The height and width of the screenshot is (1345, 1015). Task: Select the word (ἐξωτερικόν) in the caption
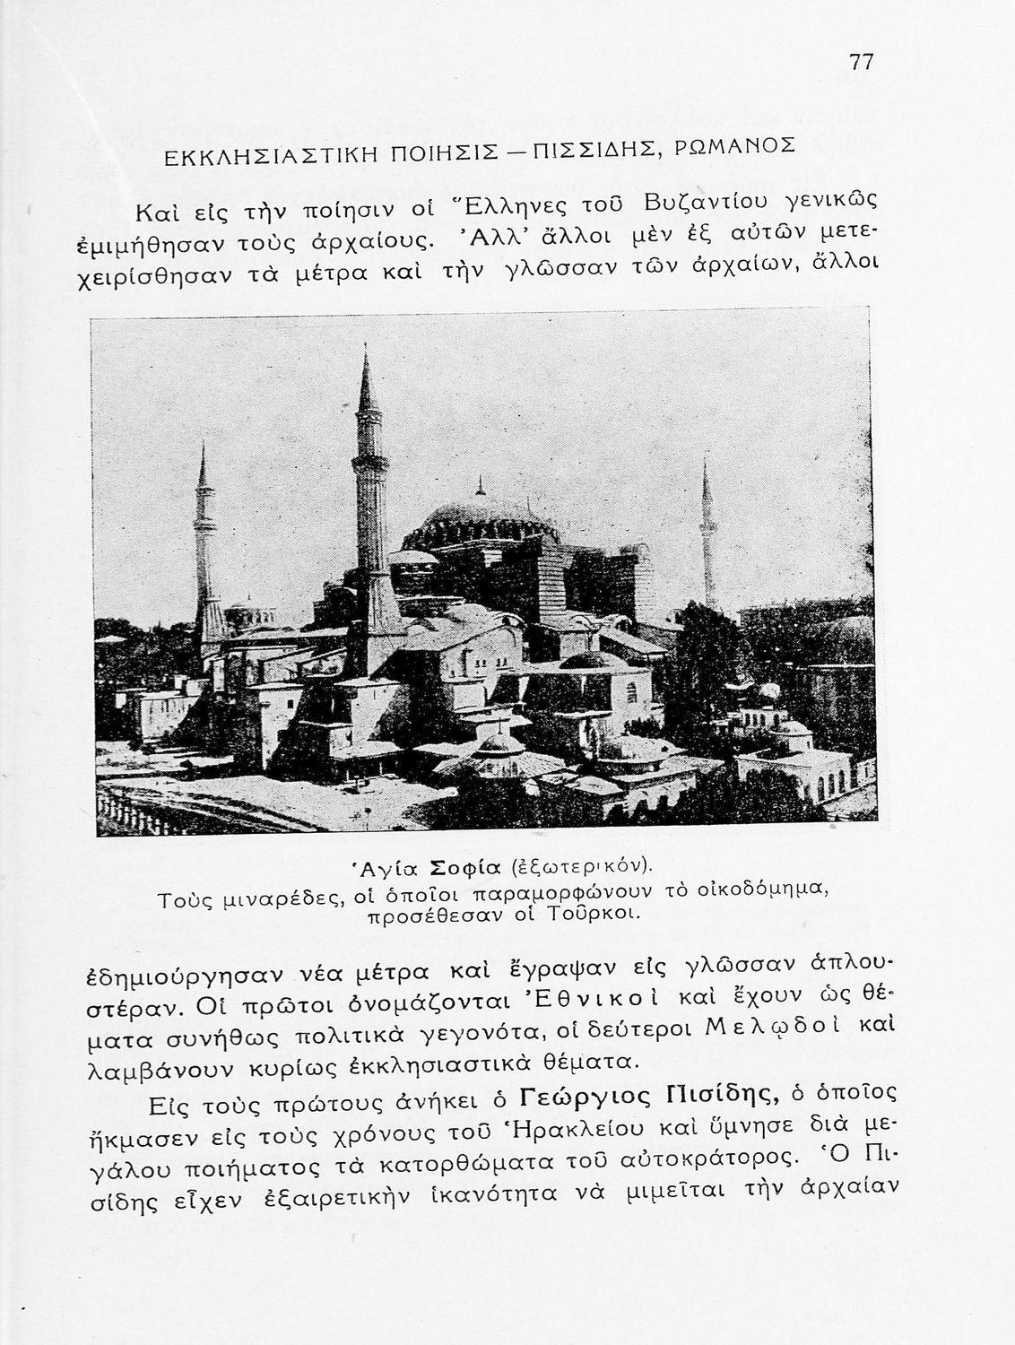pyautogui.click(x=579, y=866)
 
